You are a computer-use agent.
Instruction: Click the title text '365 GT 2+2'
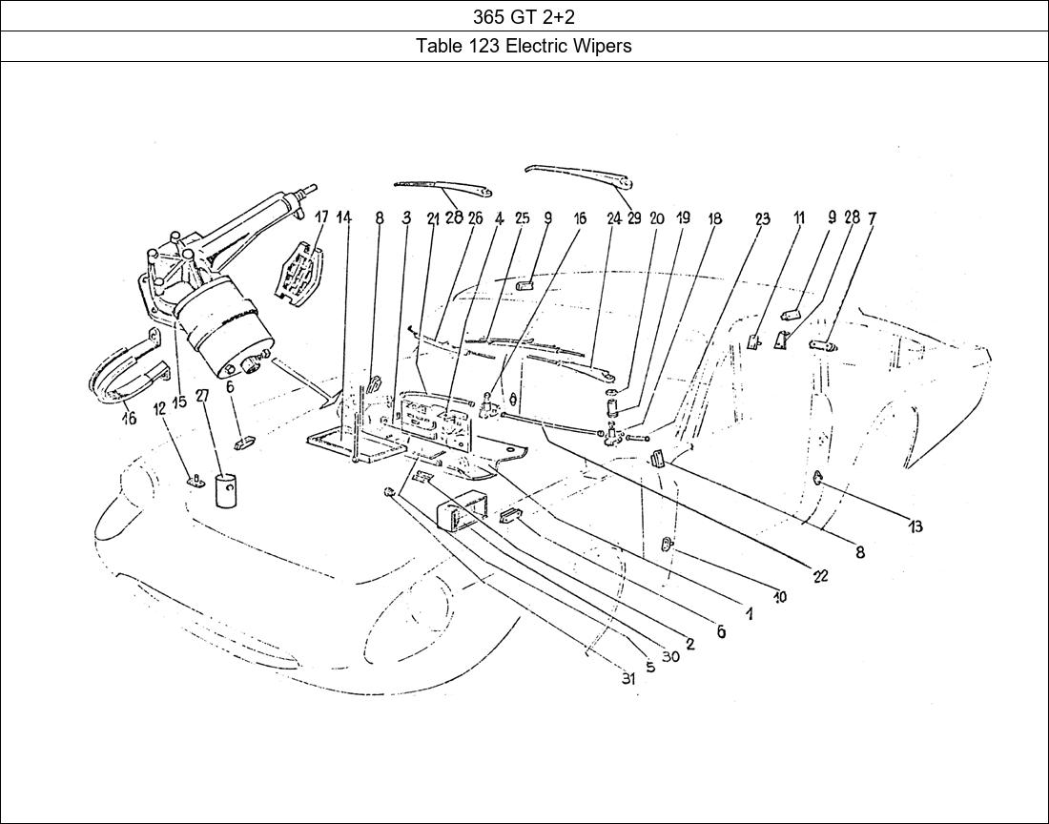pyautogui.click(x=524, y=16)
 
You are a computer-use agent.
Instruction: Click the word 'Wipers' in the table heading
pyautogui.click(x=604, y=46)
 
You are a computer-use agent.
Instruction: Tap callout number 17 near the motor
pyautogui.click(x=321, y=217)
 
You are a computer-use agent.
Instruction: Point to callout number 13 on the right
pyautogui.click(x=915, y=526)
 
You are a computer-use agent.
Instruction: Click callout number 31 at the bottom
pyautogui.click(x=627, y=680)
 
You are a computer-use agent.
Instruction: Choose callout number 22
pyautogui.click(x=820, y=576)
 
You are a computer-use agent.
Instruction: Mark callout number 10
pyautogui.click(x=779, y=597)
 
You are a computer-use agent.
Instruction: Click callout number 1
pyautogui.click(x=749, y=615)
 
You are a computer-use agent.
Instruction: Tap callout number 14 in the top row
pyautogui.click(x=344, y=217)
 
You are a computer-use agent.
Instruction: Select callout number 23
pyautogui.click(x=762, y=218)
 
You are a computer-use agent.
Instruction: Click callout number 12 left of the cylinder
pyautogui.click(x=159, y=406)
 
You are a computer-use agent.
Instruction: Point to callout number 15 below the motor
pyautogui.click(x=179, y=402)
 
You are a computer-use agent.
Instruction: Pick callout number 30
pyautogui.click(x=670, y=657)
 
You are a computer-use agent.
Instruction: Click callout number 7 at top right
pyautogui.click(x=872, y=217)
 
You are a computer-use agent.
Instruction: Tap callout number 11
pyautogui.click(x=798, y=218)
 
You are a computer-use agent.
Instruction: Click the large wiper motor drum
pyautogui.click(x=224, y=332)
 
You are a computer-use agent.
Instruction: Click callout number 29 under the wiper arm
pyautogui.click(x=634, y=218)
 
